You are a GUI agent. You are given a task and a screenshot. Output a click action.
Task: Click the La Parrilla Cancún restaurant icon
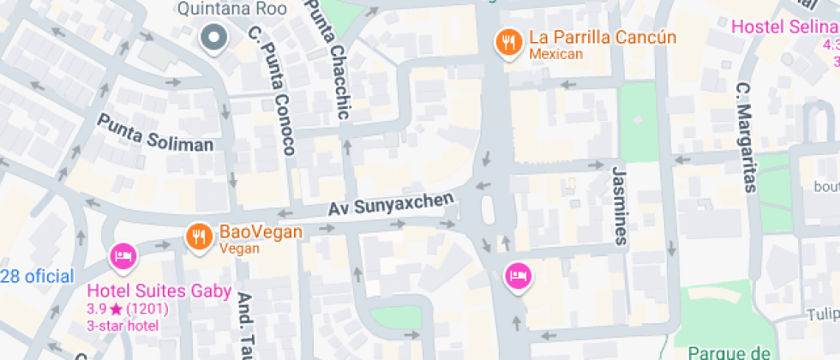[509, 42]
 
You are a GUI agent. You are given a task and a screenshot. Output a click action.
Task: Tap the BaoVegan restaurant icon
[199, 237]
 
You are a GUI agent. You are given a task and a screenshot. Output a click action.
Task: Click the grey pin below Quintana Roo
[212, 38]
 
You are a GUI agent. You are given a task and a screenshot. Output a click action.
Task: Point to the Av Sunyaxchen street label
[391, 205]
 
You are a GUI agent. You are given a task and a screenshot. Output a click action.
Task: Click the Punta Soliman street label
[155, 133]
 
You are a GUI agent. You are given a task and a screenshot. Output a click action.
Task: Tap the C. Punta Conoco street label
[273, 91]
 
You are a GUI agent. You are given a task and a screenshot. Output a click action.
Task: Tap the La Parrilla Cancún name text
[603, 38]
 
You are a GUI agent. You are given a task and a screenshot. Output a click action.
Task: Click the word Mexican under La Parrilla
[555, 55]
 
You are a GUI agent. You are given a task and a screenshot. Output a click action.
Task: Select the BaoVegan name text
[261, 232]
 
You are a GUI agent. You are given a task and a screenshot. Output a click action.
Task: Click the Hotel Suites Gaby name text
[159, 291]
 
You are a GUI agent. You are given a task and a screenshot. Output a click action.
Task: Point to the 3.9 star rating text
[127, 309]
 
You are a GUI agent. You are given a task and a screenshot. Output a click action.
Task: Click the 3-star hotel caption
[123, 326]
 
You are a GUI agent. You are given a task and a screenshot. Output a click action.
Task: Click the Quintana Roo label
[219, 9]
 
